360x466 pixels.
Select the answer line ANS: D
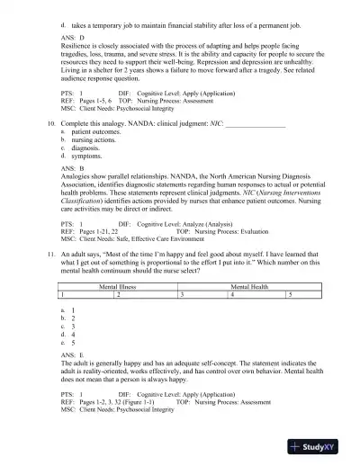[x=71, y=39]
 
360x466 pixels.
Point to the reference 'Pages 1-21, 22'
[x=105, y=230]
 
